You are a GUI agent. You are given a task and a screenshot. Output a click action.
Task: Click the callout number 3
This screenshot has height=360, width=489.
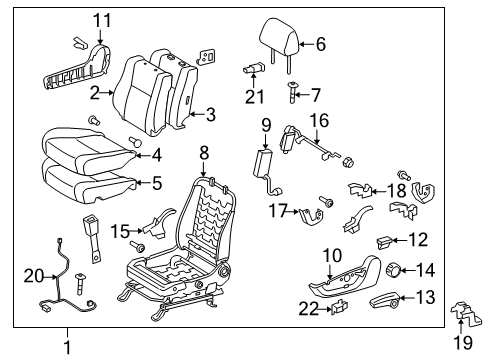pyautogui.click(x=211, y=116)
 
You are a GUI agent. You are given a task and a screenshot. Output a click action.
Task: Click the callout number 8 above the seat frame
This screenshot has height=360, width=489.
pyautogui.click(x=203, y=153)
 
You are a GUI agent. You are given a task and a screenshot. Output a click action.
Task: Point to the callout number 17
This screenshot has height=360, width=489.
pyautogui.click(x=276, y=210)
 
